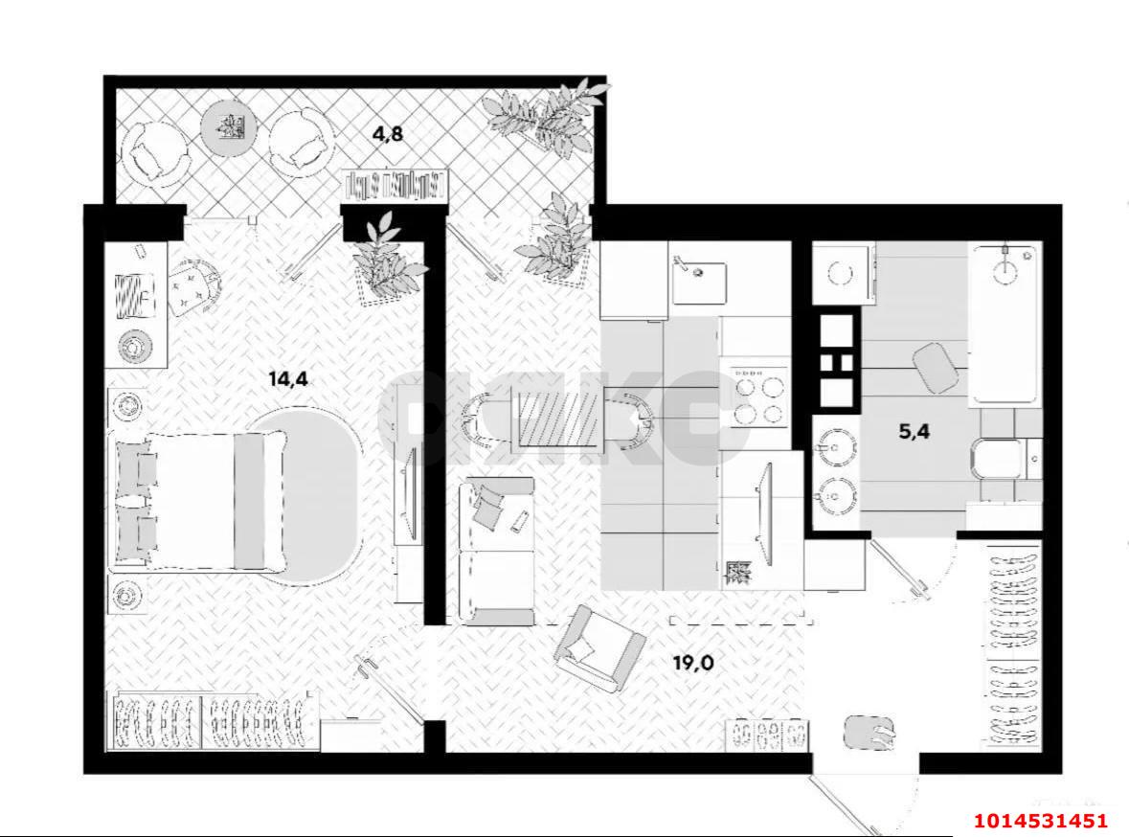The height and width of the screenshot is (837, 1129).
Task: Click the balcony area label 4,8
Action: pos(388,134)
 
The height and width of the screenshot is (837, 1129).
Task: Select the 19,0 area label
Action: pos(692,661)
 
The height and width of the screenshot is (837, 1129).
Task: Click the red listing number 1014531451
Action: pos(1041,821)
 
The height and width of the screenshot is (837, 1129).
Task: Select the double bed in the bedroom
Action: pos(200,500)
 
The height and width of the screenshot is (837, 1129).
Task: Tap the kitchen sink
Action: pos(699,279)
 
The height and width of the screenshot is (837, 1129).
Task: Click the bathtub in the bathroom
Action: pos(1004,324)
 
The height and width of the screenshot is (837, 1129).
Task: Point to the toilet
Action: pos(1003,459)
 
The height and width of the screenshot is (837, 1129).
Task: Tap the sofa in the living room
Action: pos(495,552)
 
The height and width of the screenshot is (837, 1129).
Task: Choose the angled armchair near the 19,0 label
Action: pos(598,647)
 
